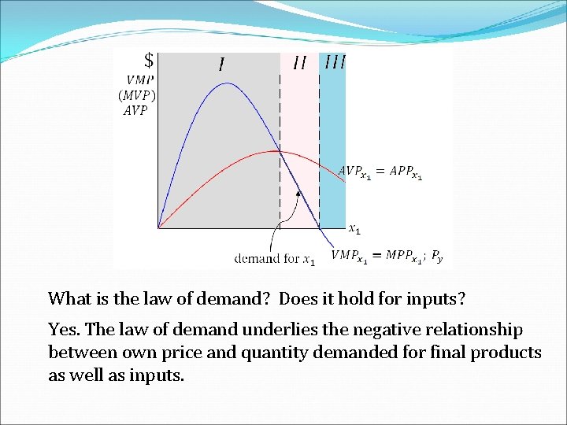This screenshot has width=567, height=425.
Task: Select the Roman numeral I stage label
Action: point(221,63)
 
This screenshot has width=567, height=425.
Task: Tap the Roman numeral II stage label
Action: point(299,62)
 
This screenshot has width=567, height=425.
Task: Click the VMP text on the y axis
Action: point(140,79)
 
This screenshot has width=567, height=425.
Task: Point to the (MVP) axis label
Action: point(137,95)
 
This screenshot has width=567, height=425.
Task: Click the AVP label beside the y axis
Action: point(136,111)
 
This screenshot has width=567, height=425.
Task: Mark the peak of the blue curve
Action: point(226,83)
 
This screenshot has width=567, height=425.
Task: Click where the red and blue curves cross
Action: point(277,151)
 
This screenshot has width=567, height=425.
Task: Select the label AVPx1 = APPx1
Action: point(380,172)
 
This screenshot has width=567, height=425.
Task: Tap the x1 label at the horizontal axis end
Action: point(355,229)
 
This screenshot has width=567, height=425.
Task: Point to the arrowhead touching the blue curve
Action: point(298,193)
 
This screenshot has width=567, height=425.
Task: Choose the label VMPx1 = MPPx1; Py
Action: point(387,255)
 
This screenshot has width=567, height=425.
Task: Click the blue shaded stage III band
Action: point(332,142)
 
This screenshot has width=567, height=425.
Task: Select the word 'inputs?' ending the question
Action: point(437,298)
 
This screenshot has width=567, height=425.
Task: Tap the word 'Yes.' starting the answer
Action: point(64,329)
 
